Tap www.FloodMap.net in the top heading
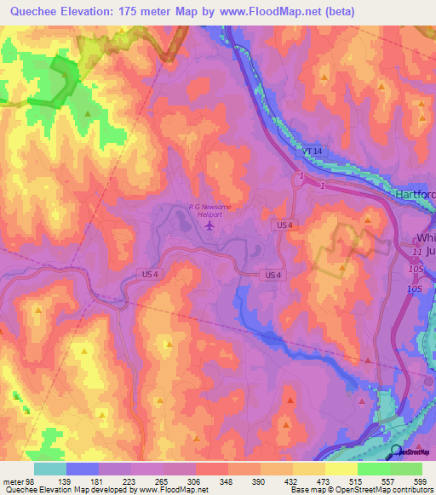pos(273,12)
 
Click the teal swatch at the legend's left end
pos(50,469)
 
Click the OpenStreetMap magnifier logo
pos(397,452)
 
